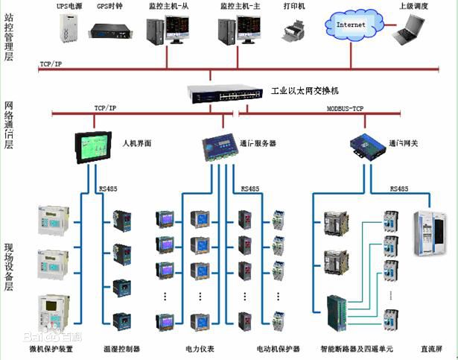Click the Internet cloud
click(352, 26)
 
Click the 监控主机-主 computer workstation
click(238, 30)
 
